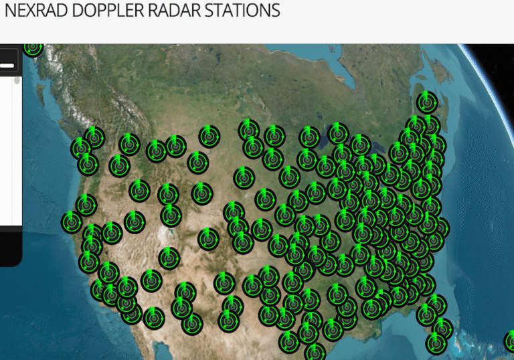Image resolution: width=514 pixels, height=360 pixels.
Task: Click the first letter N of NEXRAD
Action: (x=9, y=11)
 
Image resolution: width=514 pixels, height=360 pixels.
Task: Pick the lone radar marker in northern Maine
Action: (x=426, y=102)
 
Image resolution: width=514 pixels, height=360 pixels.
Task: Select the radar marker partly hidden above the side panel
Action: (x=33, y=47)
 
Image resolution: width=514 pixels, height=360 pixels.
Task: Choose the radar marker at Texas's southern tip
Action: (x=315, y=352)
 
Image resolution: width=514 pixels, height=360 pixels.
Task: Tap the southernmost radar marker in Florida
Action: (x=436, y=343)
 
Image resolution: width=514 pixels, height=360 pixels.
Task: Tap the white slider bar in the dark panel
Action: (x=7, y=66)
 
